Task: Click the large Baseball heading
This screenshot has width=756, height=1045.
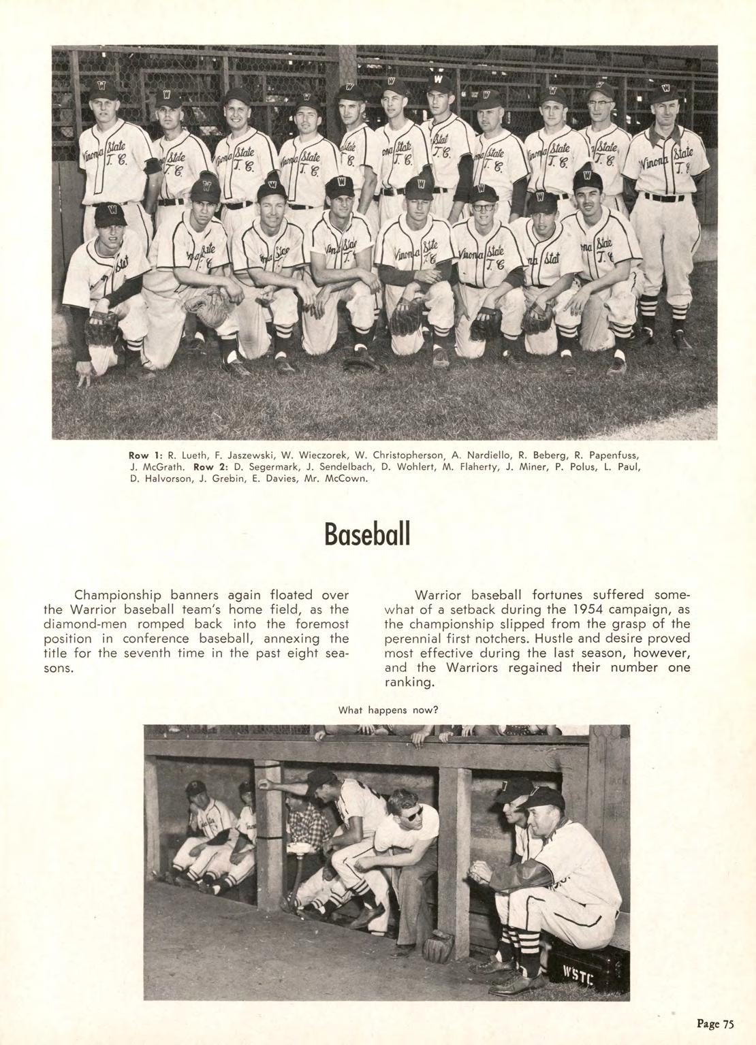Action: point(368,533)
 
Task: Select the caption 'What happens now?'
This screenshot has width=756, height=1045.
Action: point(387,710)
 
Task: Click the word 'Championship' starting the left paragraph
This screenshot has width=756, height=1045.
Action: point(114,595)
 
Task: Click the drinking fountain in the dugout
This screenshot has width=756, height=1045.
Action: point(297,850)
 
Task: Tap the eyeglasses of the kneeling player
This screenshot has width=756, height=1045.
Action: point(485,204)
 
